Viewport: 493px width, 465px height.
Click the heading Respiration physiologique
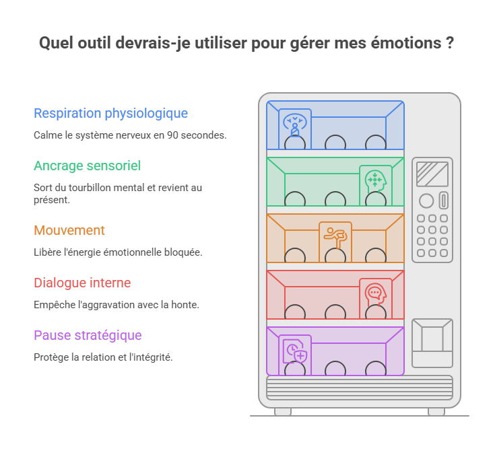[x=110, y=114]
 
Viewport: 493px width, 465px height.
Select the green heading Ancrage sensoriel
[x=87, y=166]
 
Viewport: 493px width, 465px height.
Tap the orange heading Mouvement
[x=69, y=230]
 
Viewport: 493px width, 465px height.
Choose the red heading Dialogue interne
[x=82, y=283]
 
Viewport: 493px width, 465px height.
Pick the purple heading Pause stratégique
[x=88, y=336]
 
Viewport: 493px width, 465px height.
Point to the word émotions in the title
[x=406, y=42]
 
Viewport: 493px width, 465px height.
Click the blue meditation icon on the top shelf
[x=295, y=124]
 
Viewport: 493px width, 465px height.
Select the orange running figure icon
[x=335, y=238]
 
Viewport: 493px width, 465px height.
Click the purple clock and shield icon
[x=295, y=351]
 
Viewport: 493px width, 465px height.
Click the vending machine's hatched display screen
[x=432, y=174]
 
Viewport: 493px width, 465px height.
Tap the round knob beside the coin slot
[x=426, y=201]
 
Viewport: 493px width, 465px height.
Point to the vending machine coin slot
[x=444, y=200]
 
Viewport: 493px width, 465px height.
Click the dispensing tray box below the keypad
[x=432, y=343]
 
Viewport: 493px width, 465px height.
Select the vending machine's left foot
[x=283, y=412]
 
